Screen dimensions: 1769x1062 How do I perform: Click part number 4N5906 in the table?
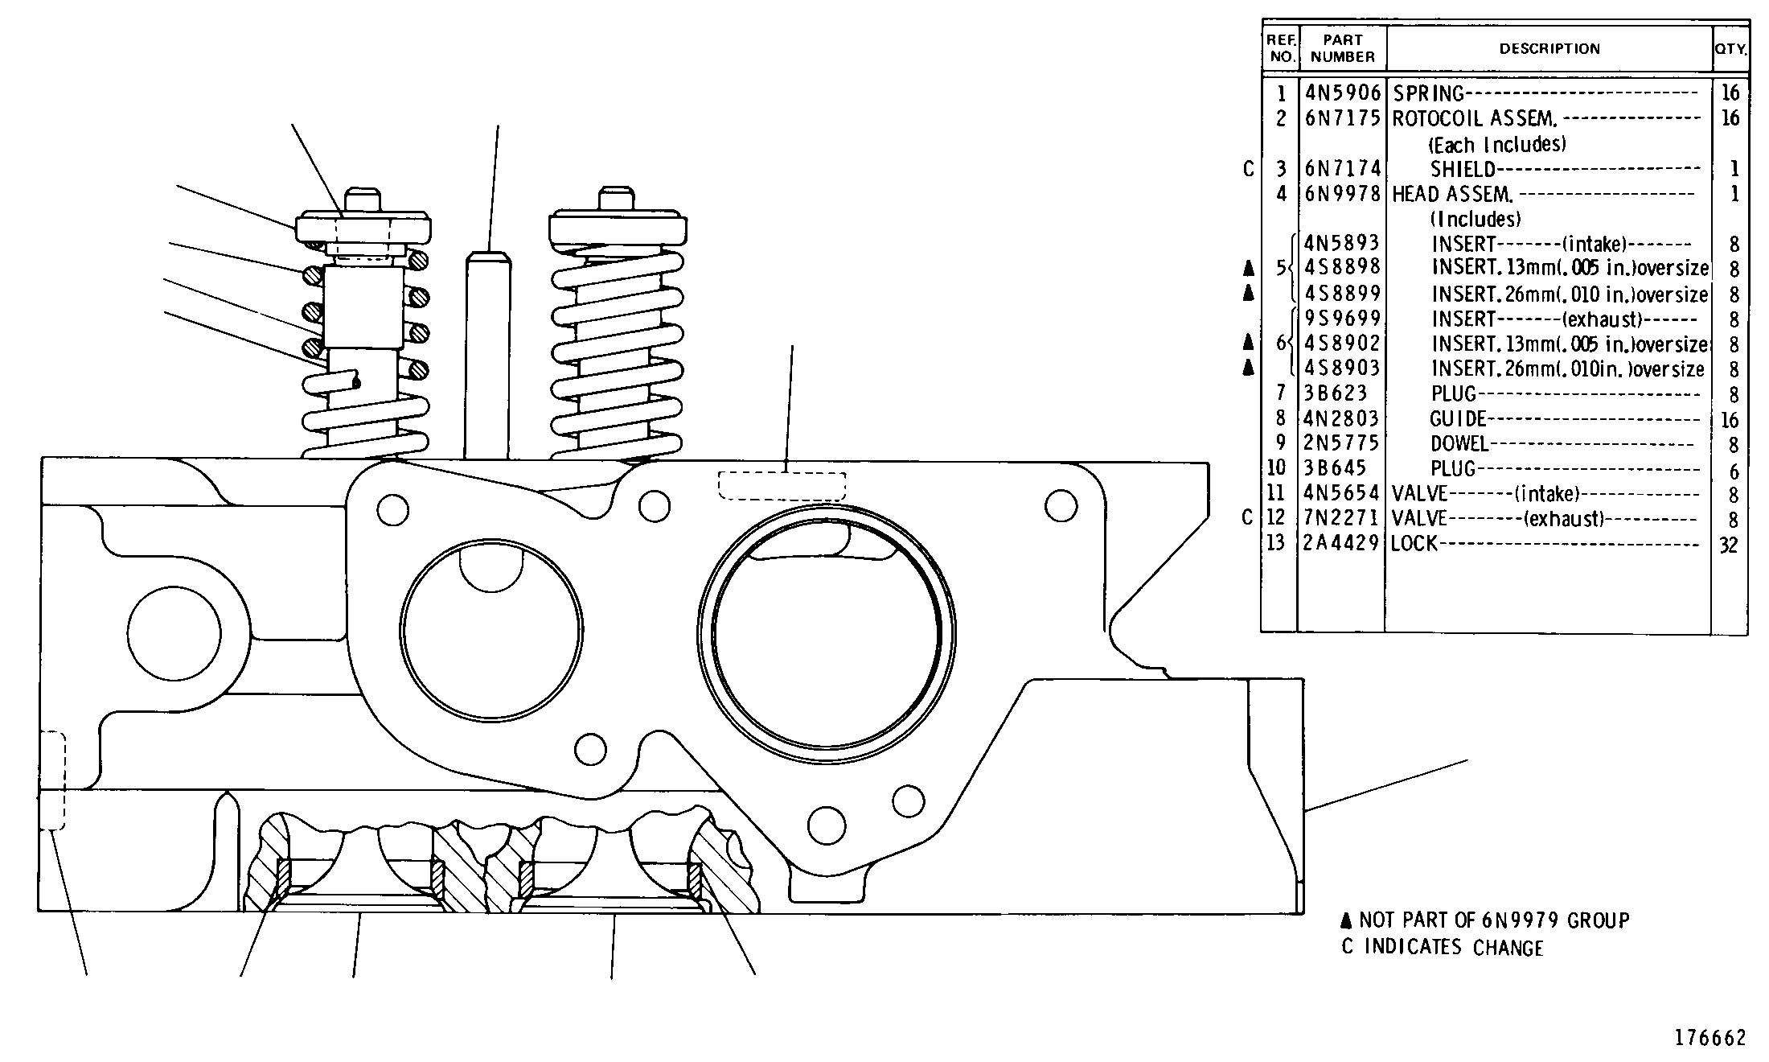tap(1342, 93)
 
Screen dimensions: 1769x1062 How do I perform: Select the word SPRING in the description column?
tap(1428, 94)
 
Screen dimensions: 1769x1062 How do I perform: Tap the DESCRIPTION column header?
tap(1549, 49)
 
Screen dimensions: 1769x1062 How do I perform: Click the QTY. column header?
tap(1730, 49)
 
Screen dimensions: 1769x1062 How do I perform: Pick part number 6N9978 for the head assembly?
tap(1342, 194)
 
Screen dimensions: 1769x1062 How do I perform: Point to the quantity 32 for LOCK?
tap(1729, 545)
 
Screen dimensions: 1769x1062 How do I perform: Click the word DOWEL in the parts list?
tap(1459, 444)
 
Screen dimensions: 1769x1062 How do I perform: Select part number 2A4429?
tap(1342, 543)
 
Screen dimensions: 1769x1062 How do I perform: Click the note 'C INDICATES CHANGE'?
tap(1443, 947)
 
